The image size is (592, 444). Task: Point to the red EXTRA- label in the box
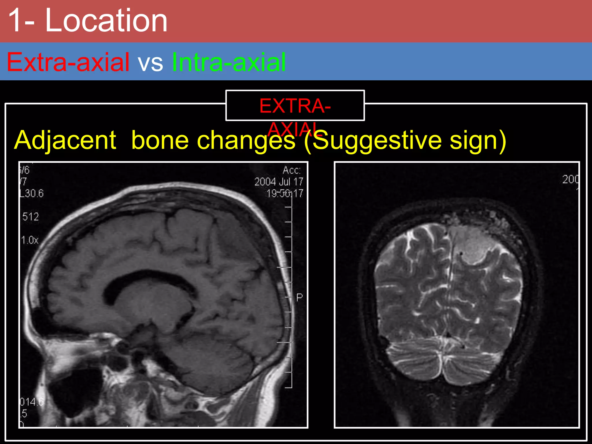coord(295,106)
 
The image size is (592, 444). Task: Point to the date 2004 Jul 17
coord(279,182)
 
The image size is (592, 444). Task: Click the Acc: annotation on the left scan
coord(292,170)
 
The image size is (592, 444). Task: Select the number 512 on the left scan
coord(30,217)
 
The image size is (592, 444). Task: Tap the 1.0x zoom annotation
coord(30,240)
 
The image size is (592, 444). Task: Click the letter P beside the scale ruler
coord(299,297)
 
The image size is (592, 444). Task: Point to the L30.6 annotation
coord(32,193)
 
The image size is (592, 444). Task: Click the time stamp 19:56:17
coord(285,193)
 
